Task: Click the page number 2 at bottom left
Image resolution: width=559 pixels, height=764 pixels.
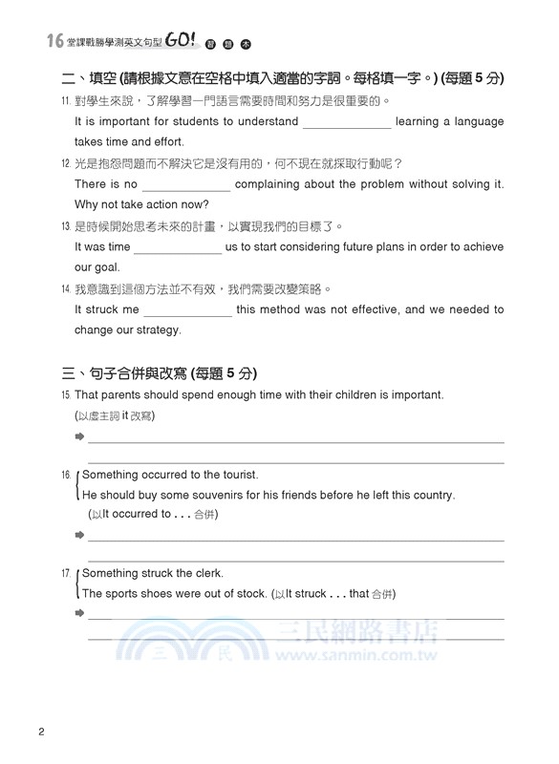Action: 41,733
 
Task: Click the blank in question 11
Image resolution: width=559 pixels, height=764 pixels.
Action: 346,123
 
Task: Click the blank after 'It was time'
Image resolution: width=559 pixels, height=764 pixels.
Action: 177,248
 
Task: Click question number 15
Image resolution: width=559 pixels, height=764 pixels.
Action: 64,395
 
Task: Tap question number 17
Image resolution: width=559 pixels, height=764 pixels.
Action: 64,573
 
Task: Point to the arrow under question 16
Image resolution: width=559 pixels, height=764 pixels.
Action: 79,535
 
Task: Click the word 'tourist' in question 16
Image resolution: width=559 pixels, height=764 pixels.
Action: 237,475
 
